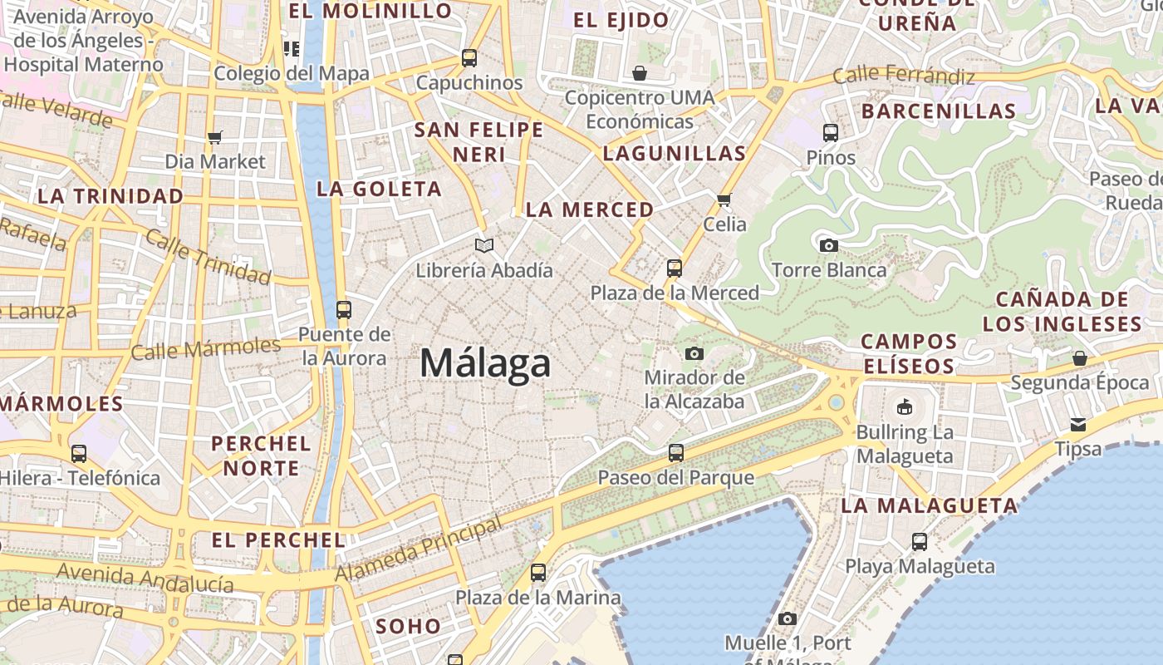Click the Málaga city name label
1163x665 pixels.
click(485, 363)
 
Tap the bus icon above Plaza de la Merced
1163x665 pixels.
click(675, 268)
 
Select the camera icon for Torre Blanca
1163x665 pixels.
click(828, 245)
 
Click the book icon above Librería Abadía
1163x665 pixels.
click(484, 245)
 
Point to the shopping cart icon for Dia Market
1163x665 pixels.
click(215, 137)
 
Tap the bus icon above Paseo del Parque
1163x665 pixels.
click(676, 453)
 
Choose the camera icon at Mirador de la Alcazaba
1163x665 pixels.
click(694, 353)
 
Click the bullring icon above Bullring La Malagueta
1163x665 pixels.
click(904, 407)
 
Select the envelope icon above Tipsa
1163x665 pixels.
click(1078, 425)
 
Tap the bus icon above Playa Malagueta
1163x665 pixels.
click(920, 542)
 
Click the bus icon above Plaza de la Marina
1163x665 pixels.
click(538, 573)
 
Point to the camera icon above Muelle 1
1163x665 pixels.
click(788, 618)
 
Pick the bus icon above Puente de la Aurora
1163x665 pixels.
click(344, 310)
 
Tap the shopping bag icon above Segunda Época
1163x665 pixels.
click(1079, 358)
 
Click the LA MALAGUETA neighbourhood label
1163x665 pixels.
click(929, 505)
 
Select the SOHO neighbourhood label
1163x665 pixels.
click(408, 626)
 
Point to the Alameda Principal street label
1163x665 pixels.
click(418, 550)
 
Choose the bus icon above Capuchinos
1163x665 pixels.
click(469, 58)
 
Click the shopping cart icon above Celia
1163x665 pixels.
click(724, 199)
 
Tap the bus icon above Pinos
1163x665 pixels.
click(830, 132)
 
